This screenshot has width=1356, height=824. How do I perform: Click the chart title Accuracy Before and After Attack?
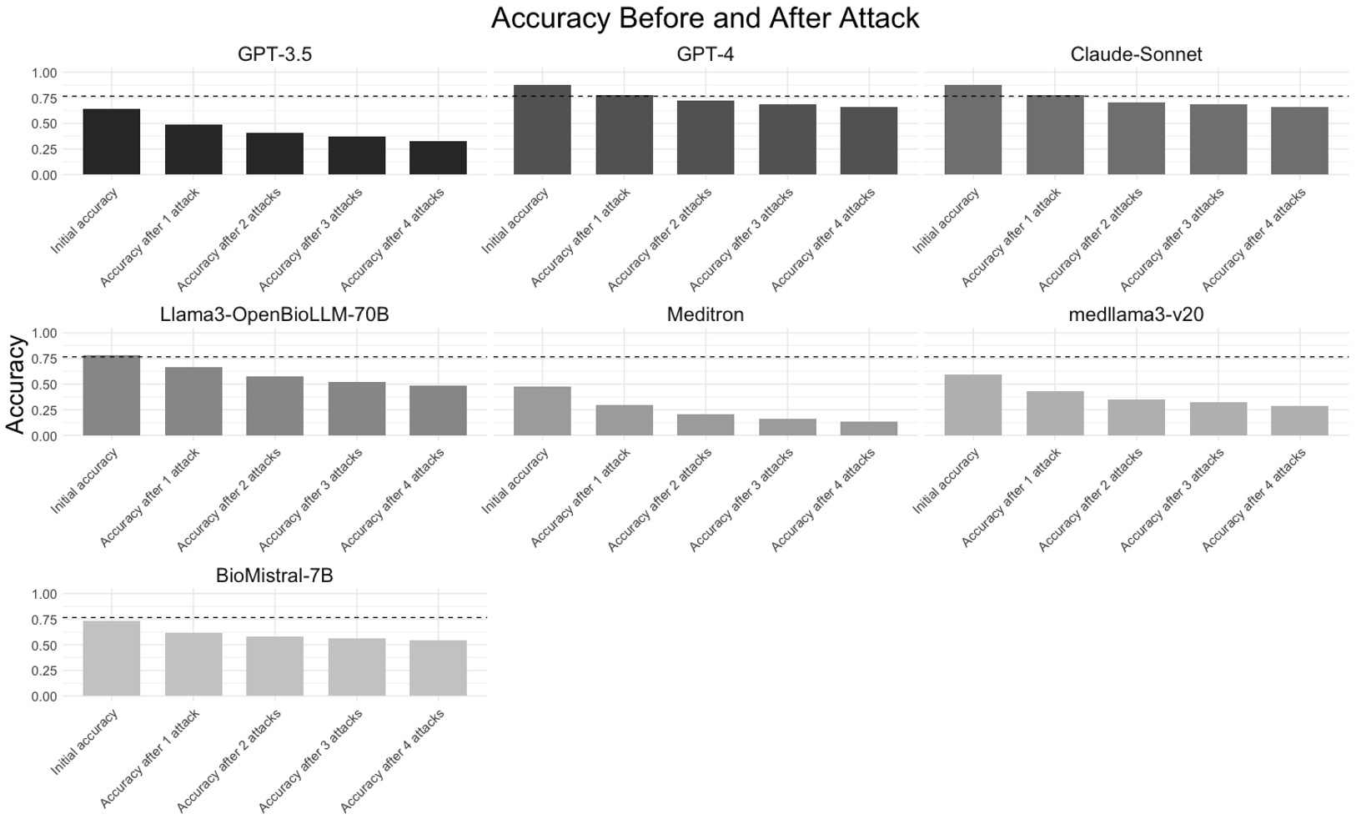tap(705, 18)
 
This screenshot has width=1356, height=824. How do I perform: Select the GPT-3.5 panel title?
tap(274, 55)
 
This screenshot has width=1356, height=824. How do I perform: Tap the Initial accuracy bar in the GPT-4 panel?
tap(542, 130)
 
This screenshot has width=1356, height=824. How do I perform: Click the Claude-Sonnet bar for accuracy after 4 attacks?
tap(1299, 141)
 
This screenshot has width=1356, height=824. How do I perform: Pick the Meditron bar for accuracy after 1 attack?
tap(624, 420)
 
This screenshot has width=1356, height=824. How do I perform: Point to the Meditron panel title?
tap(705, 315)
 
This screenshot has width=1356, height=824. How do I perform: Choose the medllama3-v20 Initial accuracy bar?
tap(972, 405)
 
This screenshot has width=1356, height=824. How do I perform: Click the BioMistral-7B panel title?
tap(274, 576)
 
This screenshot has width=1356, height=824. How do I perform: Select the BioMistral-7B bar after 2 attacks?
tap(274, 666)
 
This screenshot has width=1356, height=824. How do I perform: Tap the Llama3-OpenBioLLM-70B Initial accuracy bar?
tap(112, 395)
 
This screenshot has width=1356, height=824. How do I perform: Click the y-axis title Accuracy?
tap(16, 384)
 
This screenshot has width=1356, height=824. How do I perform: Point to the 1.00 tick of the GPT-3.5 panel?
tap(44, 73)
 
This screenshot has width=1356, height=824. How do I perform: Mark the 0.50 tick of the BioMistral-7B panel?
tap(44, 646)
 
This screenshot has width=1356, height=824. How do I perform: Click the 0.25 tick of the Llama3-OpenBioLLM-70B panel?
tap(44, 410)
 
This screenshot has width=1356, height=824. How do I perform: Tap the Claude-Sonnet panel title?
tap(1136, 55)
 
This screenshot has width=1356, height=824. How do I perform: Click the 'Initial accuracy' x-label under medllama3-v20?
tap(947, 481)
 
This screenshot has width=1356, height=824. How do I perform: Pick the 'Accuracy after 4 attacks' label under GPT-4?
tap(824, 240)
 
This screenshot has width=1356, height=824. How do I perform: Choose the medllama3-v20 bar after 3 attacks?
tap(1218, 419)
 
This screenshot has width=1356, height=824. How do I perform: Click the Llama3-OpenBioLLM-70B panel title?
tap(274, 315)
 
